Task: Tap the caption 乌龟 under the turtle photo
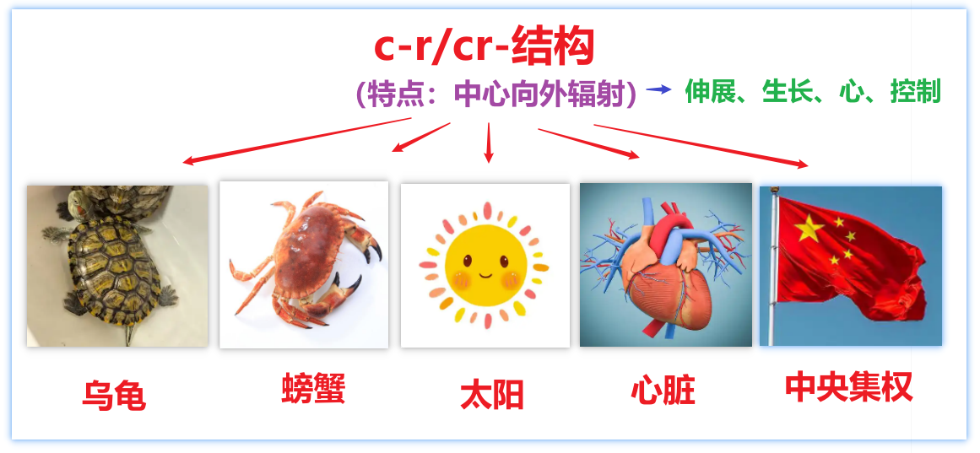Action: point(114,395)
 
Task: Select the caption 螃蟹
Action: point(313,389)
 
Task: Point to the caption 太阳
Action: point(492,394)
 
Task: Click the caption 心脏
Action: point(663,391)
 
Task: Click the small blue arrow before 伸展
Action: point(658,89)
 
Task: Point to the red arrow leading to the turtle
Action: point(295,141)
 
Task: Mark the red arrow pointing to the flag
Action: point(701,145)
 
